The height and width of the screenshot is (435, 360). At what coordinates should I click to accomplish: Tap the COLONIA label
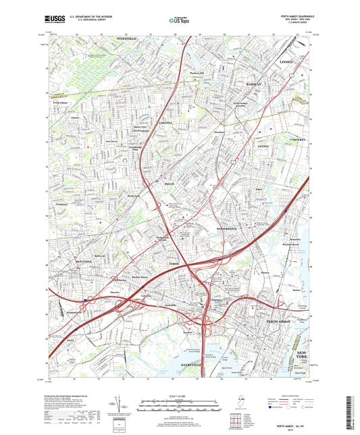165,122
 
